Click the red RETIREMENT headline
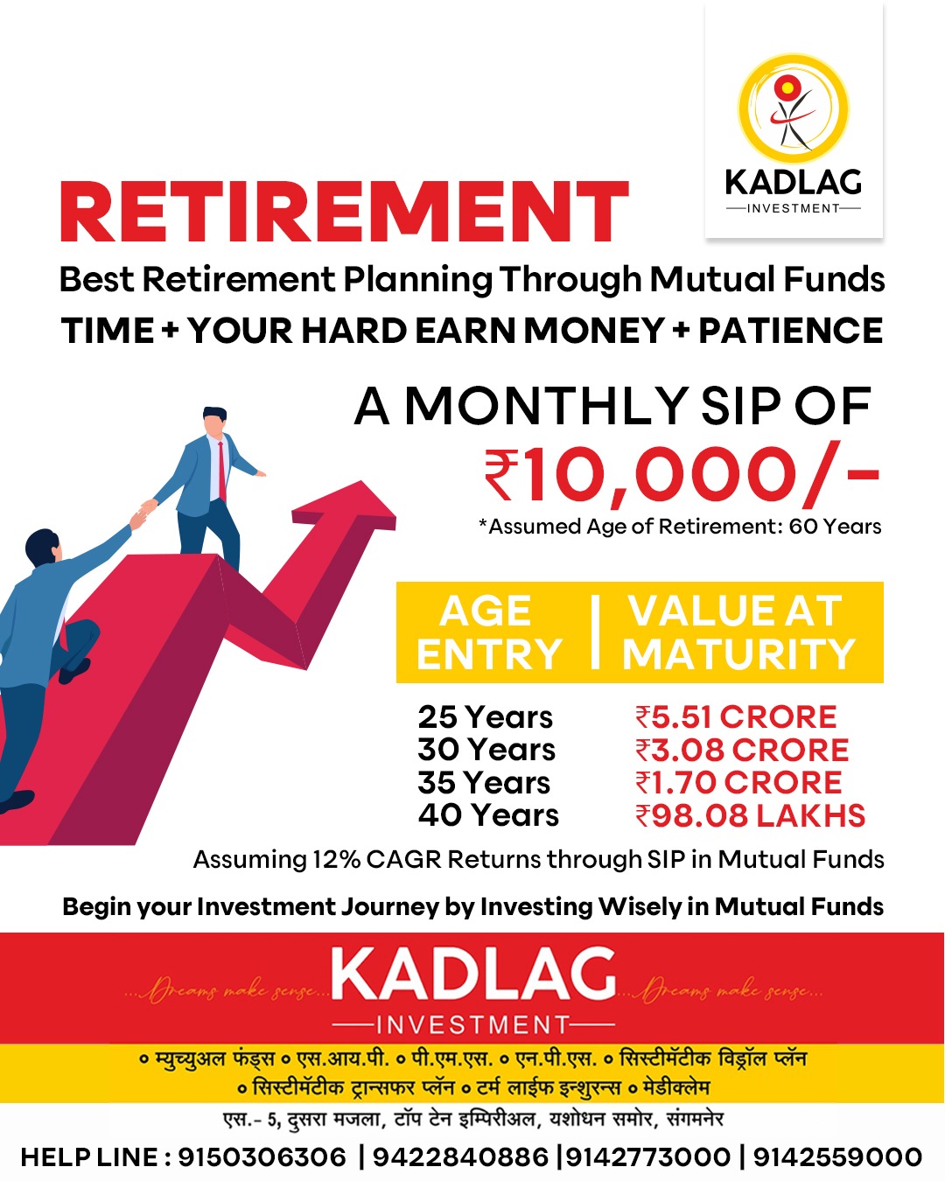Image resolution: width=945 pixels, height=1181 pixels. click(x=344, y=212)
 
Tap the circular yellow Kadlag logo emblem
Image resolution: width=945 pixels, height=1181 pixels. click(x=794, y=108)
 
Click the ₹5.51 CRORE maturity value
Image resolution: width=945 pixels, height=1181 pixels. click(x=736, y=716)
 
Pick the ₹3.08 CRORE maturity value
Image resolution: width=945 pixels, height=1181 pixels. click(x=742, y=750)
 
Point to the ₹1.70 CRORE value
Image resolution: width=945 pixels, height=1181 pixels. click(x=738, y=782)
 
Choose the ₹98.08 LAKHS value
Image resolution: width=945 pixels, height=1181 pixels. click(x=750, y=815)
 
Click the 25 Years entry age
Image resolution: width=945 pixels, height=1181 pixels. click(x=485, y=716)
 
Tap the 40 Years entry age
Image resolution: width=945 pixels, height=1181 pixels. click(x=488, y=815)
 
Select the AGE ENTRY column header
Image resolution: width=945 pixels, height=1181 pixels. click(x=489, y=632)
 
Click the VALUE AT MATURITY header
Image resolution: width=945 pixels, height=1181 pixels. click(x=738, y=632)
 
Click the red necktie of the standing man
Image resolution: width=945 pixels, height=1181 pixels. click(x=222, y=472)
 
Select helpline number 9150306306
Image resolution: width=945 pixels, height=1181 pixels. click(x=262, y=1157)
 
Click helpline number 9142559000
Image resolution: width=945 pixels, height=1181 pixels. click(x=837, y=1157)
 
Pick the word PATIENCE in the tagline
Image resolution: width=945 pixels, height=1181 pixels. click(x=790, y=331)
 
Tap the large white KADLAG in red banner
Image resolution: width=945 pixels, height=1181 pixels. click(x=472, y=975)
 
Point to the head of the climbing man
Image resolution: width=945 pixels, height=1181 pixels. click(x=43, y=546)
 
